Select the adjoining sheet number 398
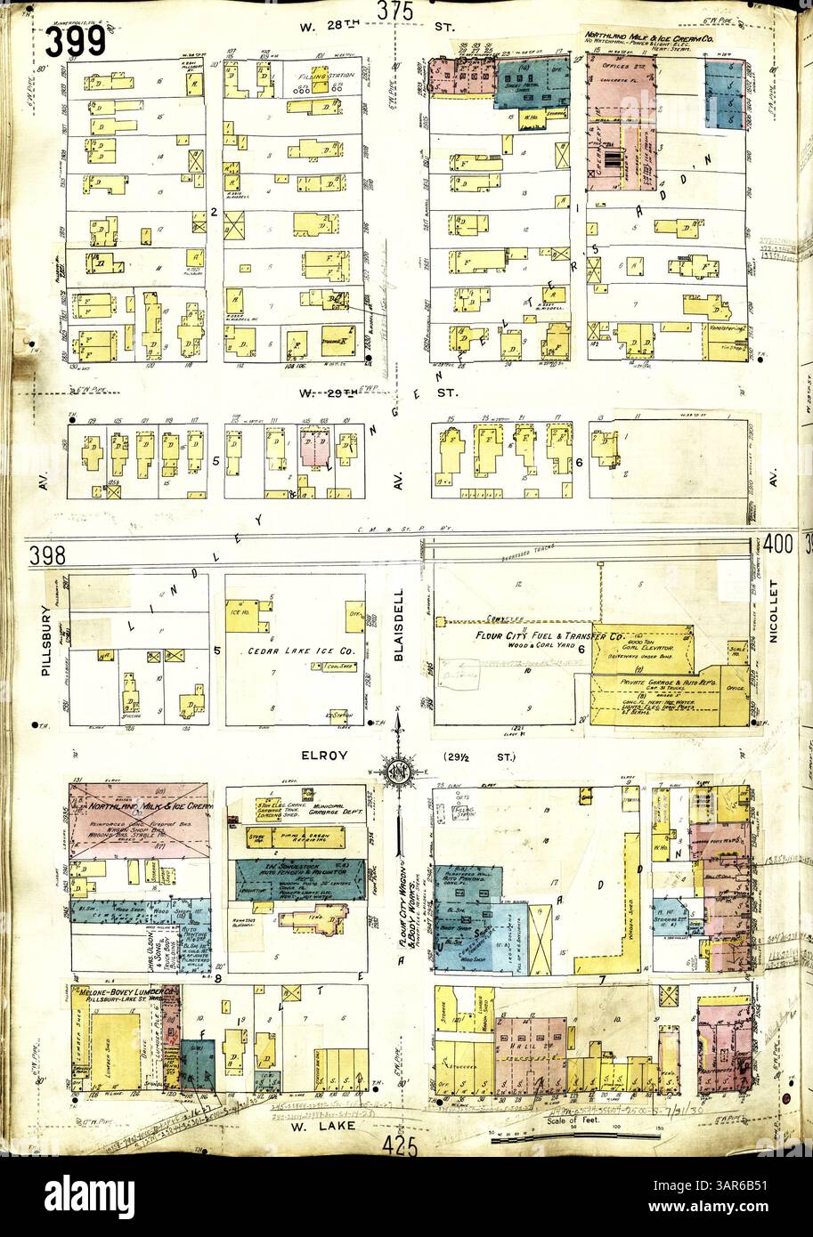(x=47, y=556)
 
